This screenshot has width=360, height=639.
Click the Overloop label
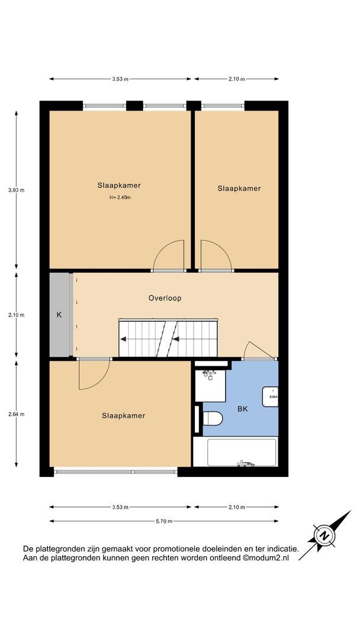click(x=165, y=298)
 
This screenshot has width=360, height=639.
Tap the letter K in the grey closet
click(x=59, y=315)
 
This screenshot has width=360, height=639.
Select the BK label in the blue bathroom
click(x=243, y=409)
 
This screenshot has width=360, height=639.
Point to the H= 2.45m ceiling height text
click(x=119, y=198)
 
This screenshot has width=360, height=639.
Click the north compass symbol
click(x=324, y=535)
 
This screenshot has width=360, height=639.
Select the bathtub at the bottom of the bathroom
click(x=235, y=453)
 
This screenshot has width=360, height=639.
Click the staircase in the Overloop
click(x=169, y=339)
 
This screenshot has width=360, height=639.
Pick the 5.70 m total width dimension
click(x=164, y=521)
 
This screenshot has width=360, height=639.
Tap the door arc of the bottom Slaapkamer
click(x=94, y=375)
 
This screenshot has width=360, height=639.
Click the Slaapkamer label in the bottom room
click(x=123, y=416)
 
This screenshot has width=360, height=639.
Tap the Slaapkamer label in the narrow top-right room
click(x=239, y=189)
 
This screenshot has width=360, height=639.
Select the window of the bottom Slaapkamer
click(x=115, y=472)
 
